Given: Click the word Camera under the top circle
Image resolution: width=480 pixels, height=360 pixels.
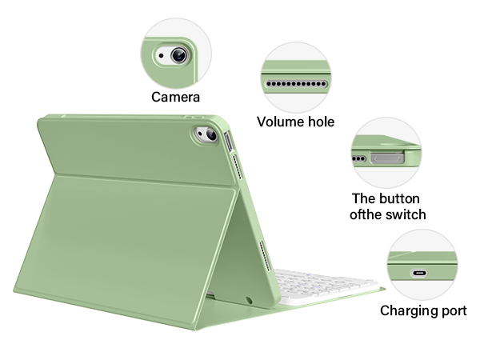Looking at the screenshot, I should tap(175, 98).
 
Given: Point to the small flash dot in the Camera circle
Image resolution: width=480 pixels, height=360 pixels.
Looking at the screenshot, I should tap(162, 57).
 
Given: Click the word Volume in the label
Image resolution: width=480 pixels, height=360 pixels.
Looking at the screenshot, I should tap(278, 122).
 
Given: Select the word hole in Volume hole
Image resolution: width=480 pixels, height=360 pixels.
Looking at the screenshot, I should tap(319, 122).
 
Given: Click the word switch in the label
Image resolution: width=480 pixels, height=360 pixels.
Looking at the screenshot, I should tap(406, 214).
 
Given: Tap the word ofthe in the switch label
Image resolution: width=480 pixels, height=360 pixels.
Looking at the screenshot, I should tap(368, 214).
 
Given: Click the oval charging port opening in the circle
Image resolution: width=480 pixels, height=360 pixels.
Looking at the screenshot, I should tap(421, 272).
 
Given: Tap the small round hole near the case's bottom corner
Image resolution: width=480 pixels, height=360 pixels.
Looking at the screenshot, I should tap(250, 300).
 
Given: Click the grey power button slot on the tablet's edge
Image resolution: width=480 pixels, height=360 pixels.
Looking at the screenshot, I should tap(230, 145).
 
